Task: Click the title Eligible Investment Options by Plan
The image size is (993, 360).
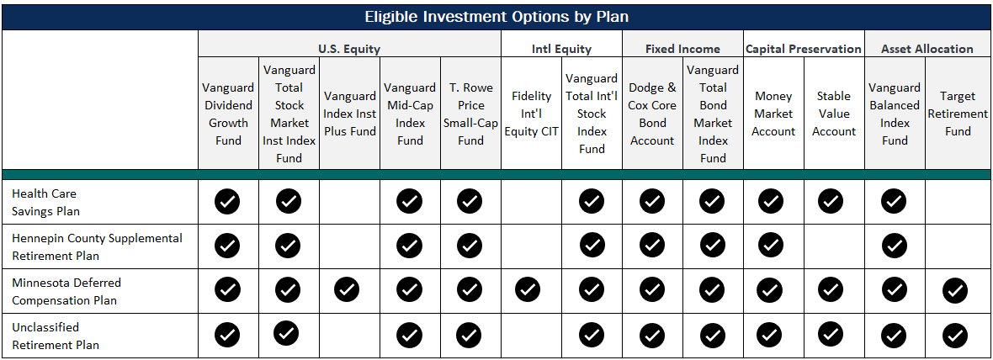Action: coord(496,17)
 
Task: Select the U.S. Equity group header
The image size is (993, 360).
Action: coord(349,49)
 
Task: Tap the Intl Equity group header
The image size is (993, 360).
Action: coord(561,49)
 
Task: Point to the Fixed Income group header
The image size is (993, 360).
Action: coord(682,49)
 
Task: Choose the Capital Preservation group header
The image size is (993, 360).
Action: coord(804,49)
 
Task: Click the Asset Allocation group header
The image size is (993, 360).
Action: coord(927,49)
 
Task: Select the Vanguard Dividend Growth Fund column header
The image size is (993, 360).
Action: coord(228,114)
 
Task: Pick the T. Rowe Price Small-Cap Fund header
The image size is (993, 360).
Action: coord(470,114)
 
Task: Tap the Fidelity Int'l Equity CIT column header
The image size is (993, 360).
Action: coord(531,114)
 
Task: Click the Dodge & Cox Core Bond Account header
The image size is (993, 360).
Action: coord(652,114)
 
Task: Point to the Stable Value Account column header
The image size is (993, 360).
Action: coord(834,114)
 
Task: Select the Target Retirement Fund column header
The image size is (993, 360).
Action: coord(958,114)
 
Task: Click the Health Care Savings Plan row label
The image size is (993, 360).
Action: coord(45,202)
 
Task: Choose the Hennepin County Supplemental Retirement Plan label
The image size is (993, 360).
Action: coord(97,246)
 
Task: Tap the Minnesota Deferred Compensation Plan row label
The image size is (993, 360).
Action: coord(66,291)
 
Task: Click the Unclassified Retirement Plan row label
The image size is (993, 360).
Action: coord(55,336)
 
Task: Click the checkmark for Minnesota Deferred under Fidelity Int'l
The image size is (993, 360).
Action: coord(528,290)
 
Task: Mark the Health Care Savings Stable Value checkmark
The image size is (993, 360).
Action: coord(831,201)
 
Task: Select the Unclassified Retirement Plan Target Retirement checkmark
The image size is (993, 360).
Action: coord(954,336)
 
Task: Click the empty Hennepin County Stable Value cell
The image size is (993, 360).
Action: coord(834,246)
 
